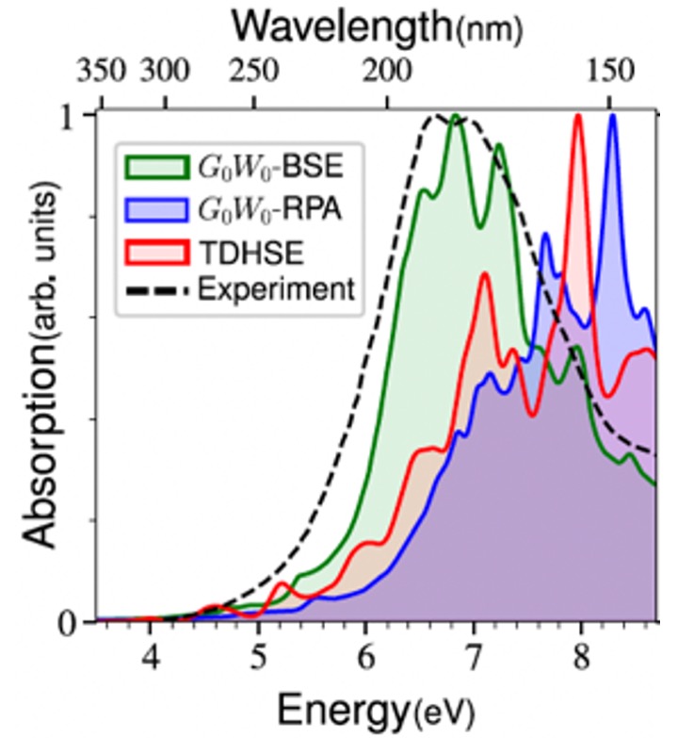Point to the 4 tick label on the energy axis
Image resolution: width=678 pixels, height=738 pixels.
pyautogui.click(x=150, y=652)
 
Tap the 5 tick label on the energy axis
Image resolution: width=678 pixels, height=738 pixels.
pyautogui.click(x=258, y=652)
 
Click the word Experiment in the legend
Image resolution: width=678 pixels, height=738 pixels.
pyautogui.click(x=277, y=288)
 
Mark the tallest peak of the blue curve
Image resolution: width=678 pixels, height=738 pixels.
pyautogui.click(x=613, y=116)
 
